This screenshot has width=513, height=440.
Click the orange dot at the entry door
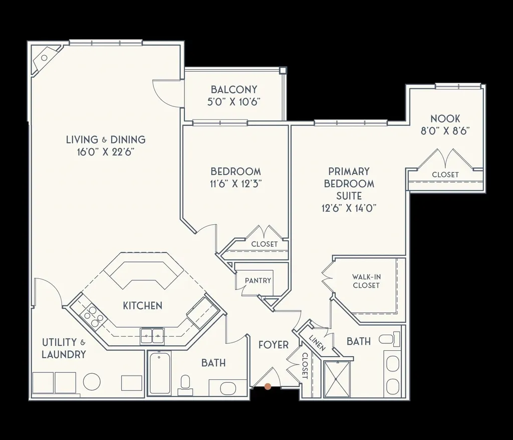coord(268,386)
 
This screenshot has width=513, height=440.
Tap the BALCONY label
coord(234,90)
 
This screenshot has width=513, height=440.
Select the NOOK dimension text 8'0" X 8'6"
coord(445,132)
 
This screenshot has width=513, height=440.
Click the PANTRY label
coord(258,280)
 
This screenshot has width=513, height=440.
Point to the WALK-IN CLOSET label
coord(366,281)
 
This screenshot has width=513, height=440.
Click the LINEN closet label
coord(318,343)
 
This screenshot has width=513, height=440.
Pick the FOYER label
coord(274,345)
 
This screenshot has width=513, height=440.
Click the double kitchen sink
coord(152,335)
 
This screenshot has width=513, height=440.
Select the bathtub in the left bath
coord(159,373)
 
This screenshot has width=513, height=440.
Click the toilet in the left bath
coord(185,384)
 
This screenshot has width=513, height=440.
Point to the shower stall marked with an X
coord(339,379)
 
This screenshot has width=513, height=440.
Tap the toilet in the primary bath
coord(391,340)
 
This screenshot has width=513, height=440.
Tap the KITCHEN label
coord(143,306)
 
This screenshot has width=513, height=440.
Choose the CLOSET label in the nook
coord(445,175)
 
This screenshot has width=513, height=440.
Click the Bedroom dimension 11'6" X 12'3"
coord(235,184)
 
